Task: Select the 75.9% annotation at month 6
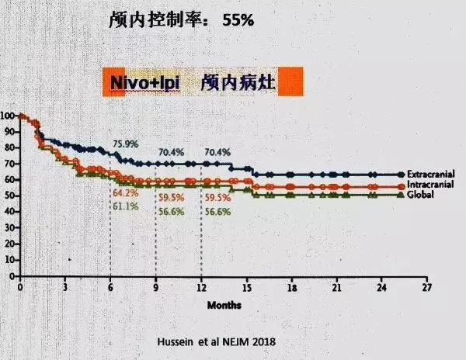126,144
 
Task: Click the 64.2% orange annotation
126,192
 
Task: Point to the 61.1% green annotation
126,206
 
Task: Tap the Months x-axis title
224,305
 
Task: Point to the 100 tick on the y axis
7,116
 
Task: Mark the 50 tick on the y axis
9,196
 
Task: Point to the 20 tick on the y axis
9,244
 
